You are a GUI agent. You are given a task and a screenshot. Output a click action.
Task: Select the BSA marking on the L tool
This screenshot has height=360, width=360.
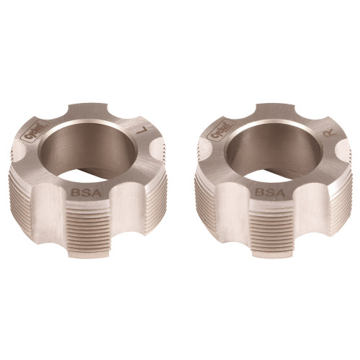pyautogui.click(x=81, y=193)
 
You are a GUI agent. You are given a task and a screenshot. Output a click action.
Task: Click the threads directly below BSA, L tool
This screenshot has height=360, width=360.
pyautogui.click(x=81, y=230)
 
